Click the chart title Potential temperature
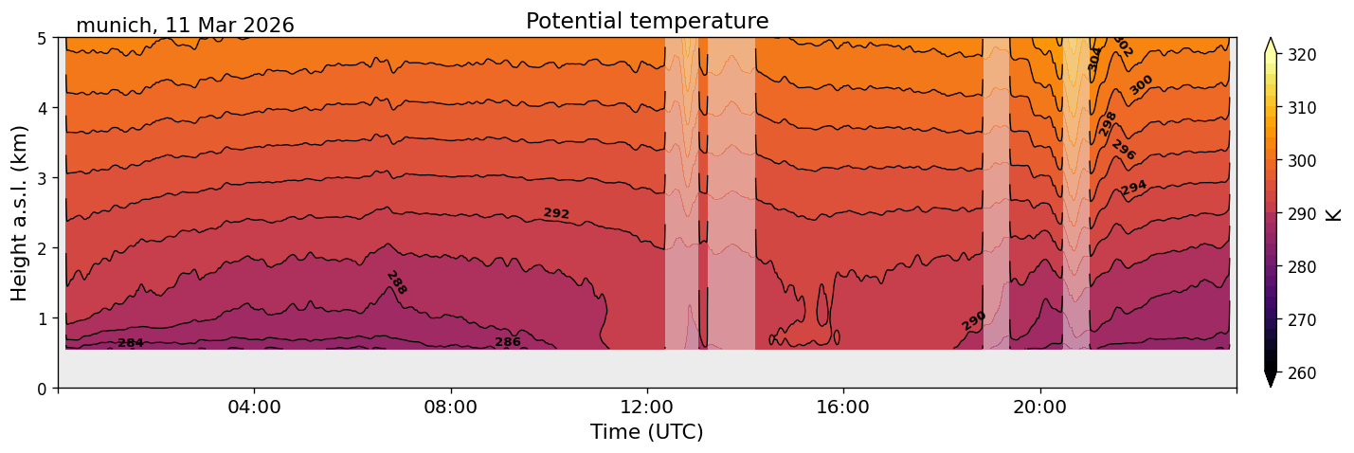(647, 21)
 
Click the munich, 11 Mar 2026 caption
(185, 26)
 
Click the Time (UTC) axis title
(647, 432)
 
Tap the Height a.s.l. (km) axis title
(20, 213)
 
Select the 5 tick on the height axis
(44, 38)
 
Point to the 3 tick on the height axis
(44, 178)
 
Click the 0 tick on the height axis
(44, 389)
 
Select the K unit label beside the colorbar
(1334, 214)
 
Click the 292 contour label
(556, 214)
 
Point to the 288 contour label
(396, 282)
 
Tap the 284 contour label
(131, 343)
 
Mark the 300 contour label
(1142, 84)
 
